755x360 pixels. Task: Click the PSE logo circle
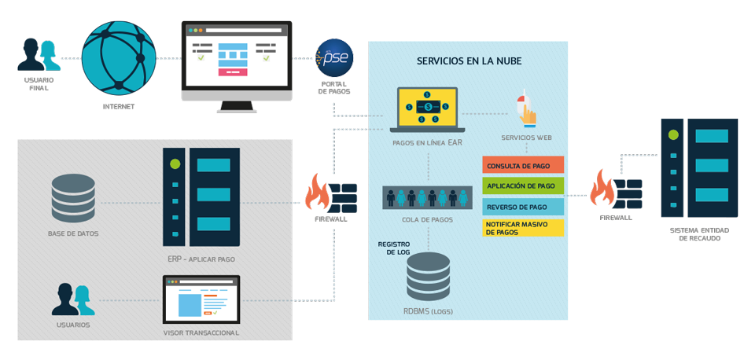click(334, 57)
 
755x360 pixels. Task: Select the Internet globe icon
click(119, 57)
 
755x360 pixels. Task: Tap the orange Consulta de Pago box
click(523, 166)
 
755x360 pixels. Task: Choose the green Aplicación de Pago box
click(523, 186)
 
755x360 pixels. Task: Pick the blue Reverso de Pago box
click(523, 207)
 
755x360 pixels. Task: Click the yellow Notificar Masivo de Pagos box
click(523, 228)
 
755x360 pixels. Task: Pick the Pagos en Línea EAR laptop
click(428, 109)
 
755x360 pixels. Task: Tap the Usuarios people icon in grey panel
click(73, 299)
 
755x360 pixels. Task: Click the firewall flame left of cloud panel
click(318, 193)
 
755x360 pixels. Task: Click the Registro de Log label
click(394, 249)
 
